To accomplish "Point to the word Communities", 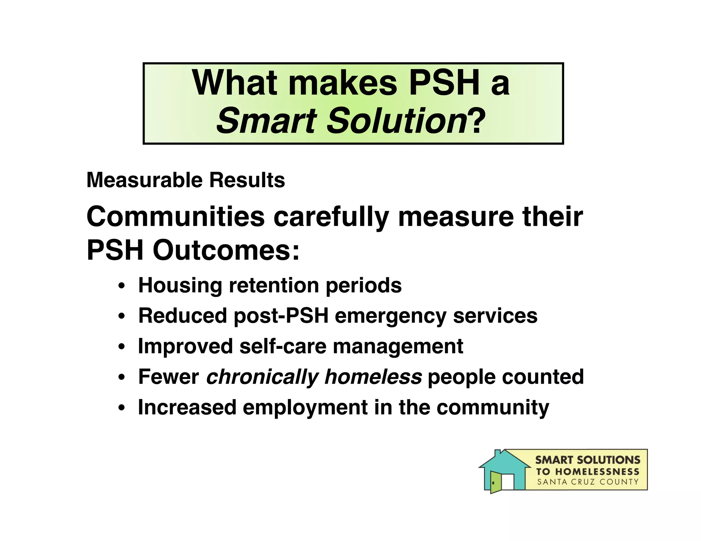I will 176,217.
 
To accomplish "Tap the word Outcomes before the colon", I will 222,250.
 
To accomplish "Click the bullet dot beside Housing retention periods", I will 121,286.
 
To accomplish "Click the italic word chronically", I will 262,377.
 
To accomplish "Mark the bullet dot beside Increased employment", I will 121,408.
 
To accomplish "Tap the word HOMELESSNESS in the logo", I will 597,472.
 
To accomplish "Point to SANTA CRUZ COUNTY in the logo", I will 588,482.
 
